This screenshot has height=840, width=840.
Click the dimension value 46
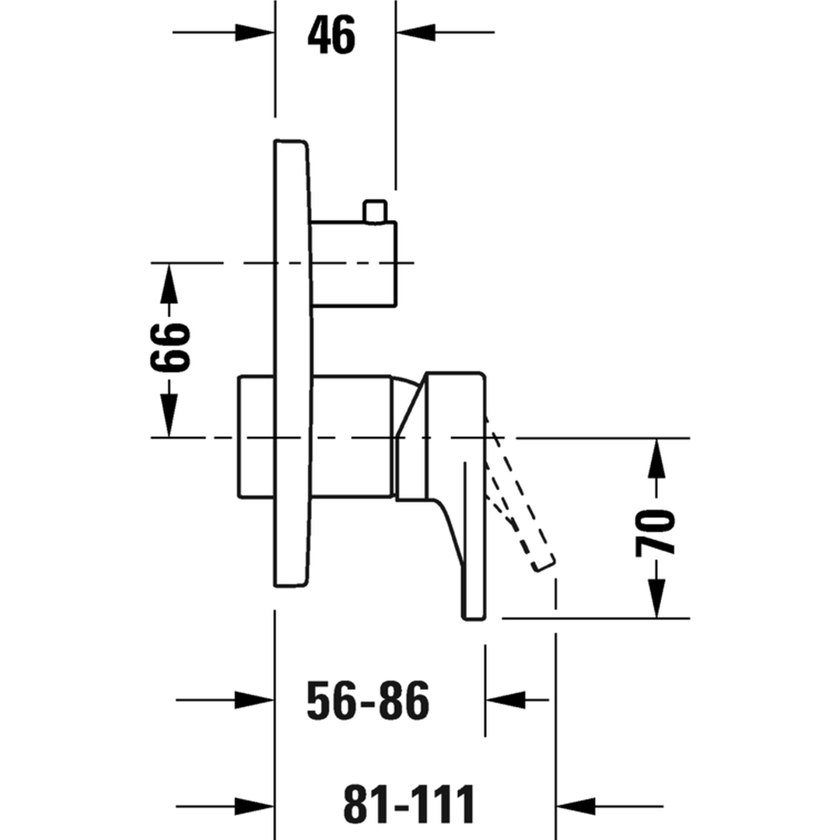(331, 35)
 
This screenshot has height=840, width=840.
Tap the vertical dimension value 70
(655, 534)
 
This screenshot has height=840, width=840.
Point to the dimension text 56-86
(368, 700)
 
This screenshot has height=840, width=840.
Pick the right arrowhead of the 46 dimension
(415, 33)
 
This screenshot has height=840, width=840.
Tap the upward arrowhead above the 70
(656, 459)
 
